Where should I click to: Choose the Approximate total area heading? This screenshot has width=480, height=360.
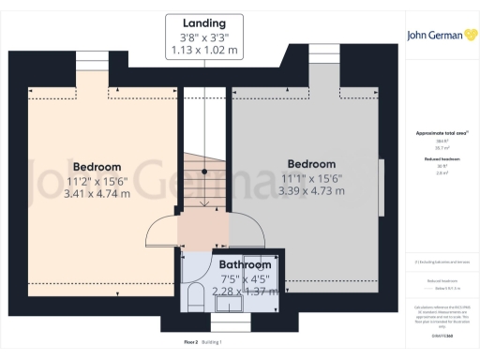coord(439,133)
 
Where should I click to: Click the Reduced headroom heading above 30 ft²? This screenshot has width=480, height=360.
coord(439,160)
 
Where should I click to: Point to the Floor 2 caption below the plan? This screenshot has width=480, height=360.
coord(190,342)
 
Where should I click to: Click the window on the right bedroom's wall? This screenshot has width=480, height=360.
coord(382,188)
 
